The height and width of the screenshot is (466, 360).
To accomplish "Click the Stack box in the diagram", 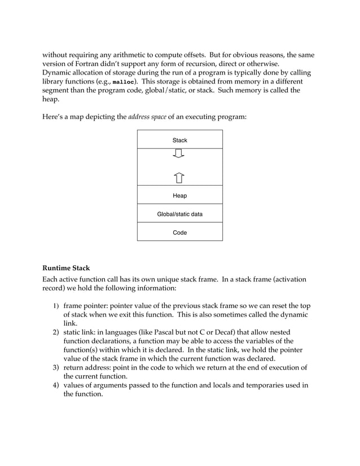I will [x=179, y=140].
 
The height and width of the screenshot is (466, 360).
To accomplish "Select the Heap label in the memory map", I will [x=179, y=195].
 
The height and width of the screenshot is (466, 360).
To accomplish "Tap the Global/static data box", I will [x=179, y=214].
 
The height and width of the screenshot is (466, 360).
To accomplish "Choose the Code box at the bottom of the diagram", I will [x=179, y=232].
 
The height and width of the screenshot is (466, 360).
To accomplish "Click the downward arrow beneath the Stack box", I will [x=179, y=154].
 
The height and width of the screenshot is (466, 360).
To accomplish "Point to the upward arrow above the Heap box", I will [x=179, y=178].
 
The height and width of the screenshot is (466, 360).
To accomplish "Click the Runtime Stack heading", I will [x=66, y=267].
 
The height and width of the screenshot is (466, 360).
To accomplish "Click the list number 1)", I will [x=56, y=305].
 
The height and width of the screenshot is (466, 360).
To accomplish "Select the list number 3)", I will [x=56, y=368].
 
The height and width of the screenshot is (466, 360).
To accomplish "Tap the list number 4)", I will [x=56, y=385].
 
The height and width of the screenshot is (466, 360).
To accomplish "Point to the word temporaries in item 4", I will [x=269, y=385].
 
